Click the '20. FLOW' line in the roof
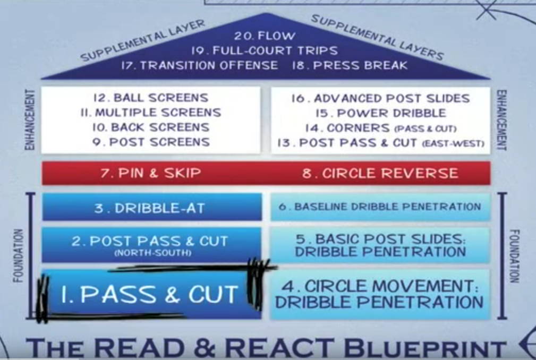(x=264, y=36)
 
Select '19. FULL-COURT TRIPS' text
(x=264, y=50)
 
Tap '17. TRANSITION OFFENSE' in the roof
(x=199, y=65)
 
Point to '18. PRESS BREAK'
(x=350, y=65)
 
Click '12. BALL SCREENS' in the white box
(x=151, y=98)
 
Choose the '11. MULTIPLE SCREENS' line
(x=151, y=113)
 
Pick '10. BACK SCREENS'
(x=151, y=127)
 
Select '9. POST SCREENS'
(x=151, y=142)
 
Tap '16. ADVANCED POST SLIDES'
(x=380, y=98)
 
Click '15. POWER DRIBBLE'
(x=380, y=113)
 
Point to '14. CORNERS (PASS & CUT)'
(x=380, y=128)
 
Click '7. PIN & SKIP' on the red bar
(x=151, y=173)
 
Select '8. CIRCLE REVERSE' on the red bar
(x=380, y=173)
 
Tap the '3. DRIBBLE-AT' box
(x=152, y=207)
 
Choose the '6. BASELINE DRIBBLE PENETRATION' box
(x=380, y=207)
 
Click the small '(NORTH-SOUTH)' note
(x=152, y=253)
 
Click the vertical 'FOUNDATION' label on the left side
(x=18, y=255)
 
